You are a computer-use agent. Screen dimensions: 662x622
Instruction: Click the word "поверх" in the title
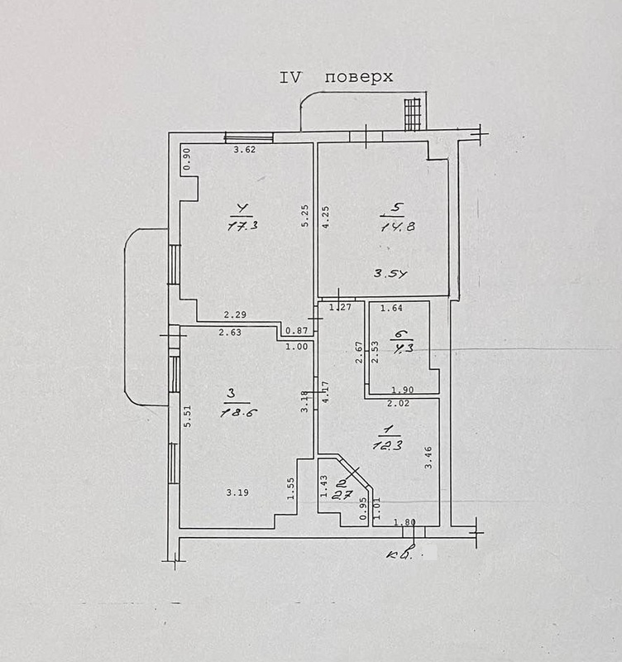[x=358, y=78]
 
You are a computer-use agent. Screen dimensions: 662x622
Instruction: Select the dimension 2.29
[x=236, y=314]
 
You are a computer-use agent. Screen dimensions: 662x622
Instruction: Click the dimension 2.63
[x=230, y=333]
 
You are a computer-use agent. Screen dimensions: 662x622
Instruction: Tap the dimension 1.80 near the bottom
[x=404, y=521]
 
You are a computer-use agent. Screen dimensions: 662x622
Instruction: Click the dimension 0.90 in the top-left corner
[x=187, y=159]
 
